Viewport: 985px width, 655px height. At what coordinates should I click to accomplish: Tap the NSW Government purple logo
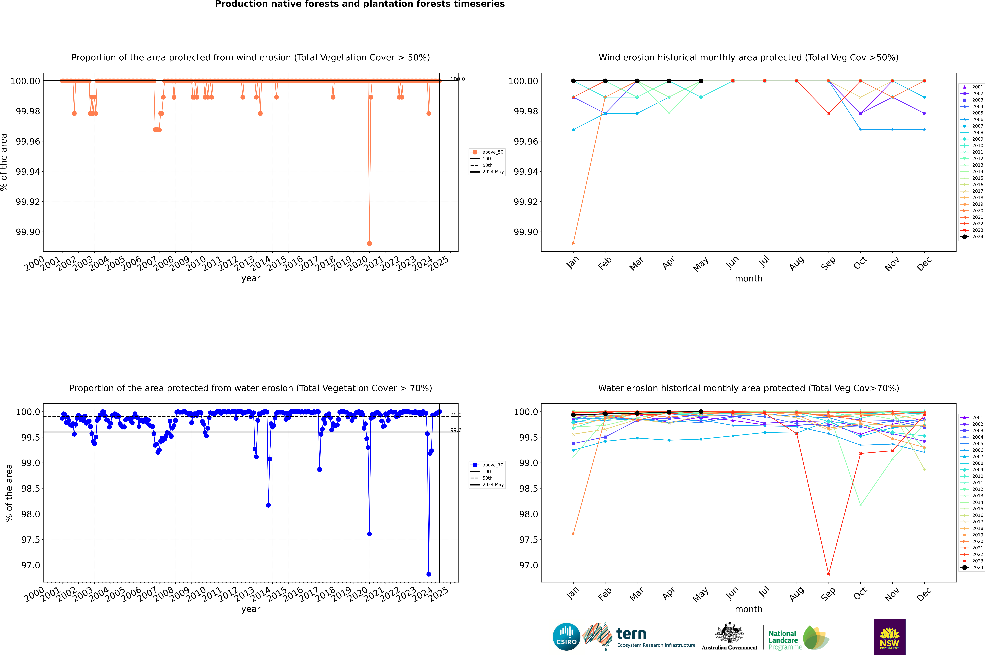tap(889, 637)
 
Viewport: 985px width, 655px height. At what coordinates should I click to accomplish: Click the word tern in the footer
tap(631, 634)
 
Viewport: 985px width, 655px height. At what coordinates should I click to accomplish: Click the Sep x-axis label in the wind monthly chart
tap(828, 263)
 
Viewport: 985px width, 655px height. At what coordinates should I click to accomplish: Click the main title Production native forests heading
tap(360, 4)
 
